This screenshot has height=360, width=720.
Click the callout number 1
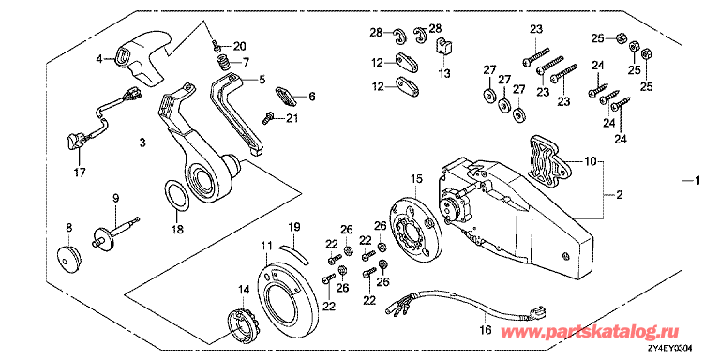point(696,178)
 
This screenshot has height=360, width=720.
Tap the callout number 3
point(143,142)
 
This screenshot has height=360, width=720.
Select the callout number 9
point(116,198)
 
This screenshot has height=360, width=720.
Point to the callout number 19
point(292,226)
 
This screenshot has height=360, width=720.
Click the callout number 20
point(239,45)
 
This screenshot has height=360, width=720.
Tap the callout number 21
point(292,117)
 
